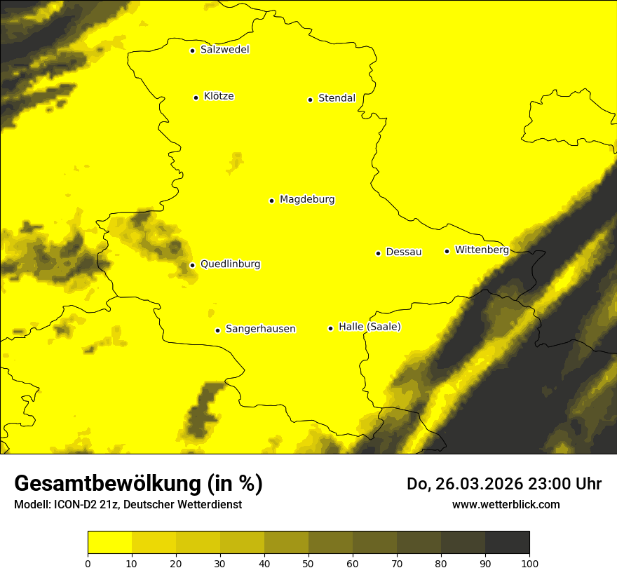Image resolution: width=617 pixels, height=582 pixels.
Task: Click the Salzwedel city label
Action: click(x=224, y=50)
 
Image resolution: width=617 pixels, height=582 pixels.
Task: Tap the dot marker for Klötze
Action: click(x=196, y=97)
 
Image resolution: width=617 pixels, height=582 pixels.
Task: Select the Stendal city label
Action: click(x=337, y=98)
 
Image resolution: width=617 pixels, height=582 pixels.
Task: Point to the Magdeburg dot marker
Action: click(x=271, y=201)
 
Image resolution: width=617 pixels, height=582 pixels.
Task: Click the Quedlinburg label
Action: click(x=230, y=264)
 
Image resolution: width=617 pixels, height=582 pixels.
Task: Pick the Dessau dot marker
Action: click(x=378, y=253)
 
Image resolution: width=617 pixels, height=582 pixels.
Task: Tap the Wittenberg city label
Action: click(x=482, y=250)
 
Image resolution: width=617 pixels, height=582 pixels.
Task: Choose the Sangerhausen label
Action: click(x=260, y=329)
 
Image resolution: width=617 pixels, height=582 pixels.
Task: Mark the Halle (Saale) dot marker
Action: click(x=330, y=328)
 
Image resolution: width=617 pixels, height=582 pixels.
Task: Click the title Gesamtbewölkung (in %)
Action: click(x=138, y=484)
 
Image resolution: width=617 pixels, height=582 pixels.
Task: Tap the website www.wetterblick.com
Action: click(x=506, y=504)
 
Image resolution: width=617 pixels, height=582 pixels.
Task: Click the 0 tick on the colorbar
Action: click(x=88, y=563)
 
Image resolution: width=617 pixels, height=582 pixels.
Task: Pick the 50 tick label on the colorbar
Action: click(x=308, y=563)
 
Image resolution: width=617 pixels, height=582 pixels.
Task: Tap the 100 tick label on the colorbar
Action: click(x=529, y=563)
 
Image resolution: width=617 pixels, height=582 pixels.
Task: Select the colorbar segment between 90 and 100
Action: click(x=507, y=543)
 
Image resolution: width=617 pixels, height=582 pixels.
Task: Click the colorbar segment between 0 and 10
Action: click(x=109, y=543)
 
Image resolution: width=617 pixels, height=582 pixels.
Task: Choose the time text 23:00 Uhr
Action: click(x=570, y=484)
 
